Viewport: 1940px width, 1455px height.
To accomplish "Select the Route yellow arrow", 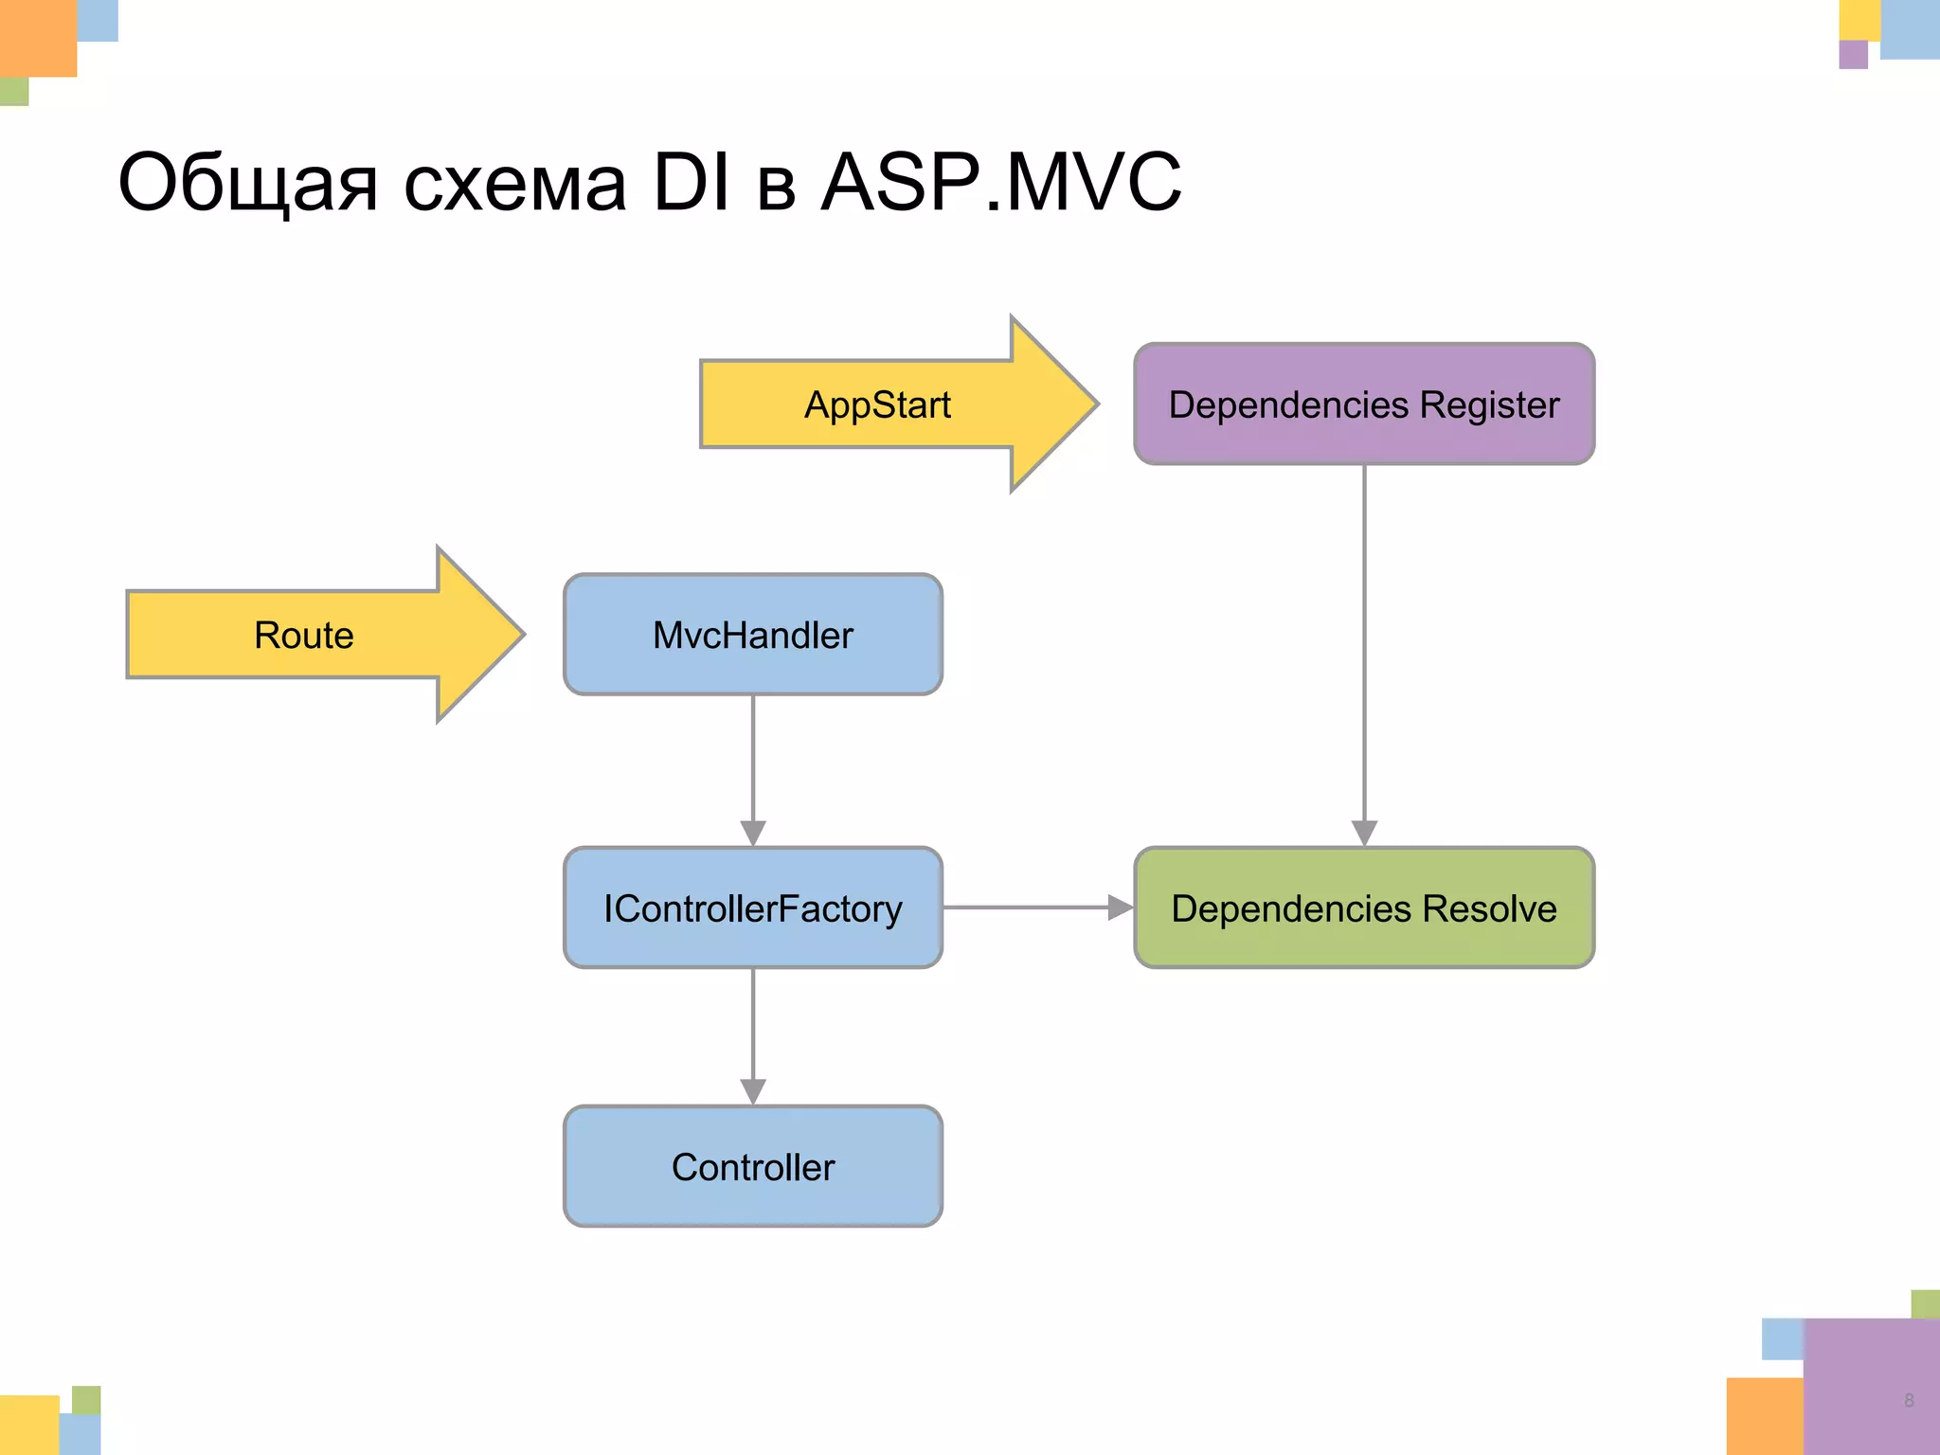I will click(x=304, y=635).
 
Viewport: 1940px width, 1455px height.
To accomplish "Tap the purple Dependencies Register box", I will click(x=1364, y=404).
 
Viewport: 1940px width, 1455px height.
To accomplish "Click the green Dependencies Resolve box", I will click(x=1364, y=907).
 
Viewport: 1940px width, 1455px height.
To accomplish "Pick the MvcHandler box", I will click(x=753, y=635).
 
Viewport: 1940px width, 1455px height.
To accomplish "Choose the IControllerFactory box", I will click(x=753, y=907).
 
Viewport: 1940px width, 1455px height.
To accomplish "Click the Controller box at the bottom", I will click(x=753, y=1166).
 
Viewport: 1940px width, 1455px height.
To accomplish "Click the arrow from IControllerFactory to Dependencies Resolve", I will click(x=1037, y=907).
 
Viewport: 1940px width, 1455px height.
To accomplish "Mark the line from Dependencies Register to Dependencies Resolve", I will click(x=1364, y=654).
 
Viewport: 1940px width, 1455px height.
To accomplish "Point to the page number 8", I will click(x=1909, y=1400).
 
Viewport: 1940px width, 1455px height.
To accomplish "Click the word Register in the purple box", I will click(x=1489, y=404).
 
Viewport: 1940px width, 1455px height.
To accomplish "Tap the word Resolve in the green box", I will click(x=1489, y=907).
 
